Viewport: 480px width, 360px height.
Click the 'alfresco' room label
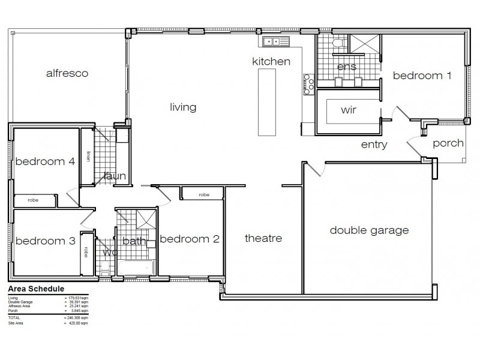(67, 74)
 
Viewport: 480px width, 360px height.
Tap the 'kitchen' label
(271, 61)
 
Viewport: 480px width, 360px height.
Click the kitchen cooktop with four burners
(310, 84)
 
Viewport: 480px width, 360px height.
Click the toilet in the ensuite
(338, 43)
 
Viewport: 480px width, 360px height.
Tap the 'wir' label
(349, 110)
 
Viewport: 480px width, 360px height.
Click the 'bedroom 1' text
(422, 76)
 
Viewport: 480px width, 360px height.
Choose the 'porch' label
(448, 143)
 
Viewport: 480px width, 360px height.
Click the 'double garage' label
(369, 230)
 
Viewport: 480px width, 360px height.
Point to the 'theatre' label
(263, 238)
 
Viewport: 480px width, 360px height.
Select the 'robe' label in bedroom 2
(204, 194)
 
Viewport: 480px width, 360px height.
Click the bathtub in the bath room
(136, 267)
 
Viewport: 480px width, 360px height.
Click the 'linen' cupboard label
(88, 156)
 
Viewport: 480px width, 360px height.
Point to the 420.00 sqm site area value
(76, 323)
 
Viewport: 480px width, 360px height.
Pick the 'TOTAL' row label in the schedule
(13, 318)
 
